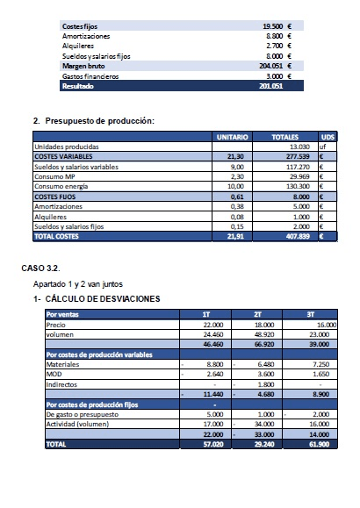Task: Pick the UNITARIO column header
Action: coord(233,138)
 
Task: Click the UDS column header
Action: coord(328,138)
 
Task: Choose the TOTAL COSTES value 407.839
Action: coord(299,236)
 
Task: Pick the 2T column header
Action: coord(258,313)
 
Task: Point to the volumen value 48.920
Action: coord(264,333)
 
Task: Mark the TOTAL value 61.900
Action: coord(317,445)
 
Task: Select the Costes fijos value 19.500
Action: coord(278,27)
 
